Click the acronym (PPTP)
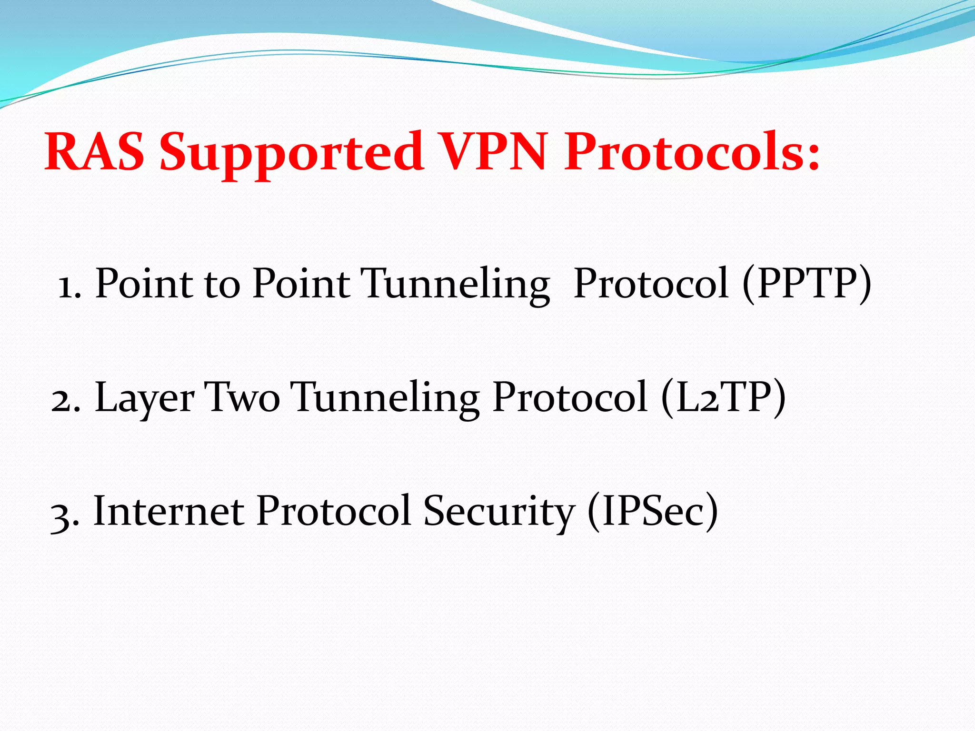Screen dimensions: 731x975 [807, 284]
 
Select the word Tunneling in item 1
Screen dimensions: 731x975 [456, 285]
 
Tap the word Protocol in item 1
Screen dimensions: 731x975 [651, 284]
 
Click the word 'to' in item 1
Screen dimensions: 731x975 [222, 285]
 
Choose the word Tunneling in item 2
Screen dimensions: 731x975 [385, 398]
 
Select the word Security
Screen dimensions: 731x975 [499, 513]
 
